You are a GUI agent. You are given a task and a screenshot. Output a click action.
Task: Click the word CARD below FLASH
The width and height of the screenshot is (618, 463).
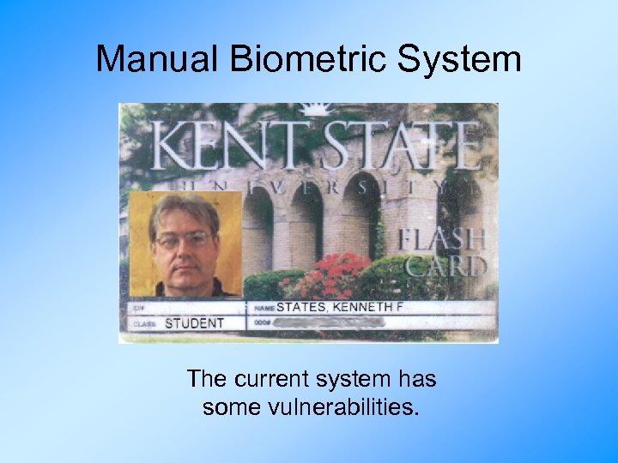coord(448,266)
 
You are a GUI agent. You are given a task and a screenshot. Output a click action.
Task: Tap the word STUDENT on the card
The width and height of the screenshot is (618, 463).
coord(194,323)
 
